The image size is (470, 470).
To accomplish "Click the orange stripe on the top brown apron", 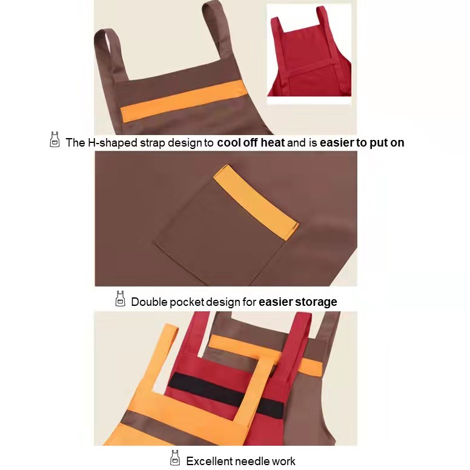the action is pos(184,101).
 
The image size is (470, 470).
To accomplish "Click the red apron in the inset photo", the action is pos(309,57).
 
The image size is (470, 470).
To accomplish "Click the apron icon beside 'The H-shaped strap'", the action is pos(55,140).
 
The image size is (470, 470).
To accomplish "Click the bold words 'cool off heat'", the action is pos(251,142).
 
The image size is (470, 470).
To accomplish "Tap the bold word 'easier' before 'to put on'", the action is pos(337,142).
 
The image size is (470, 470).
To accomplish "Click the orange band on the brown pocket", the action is pos(256,202).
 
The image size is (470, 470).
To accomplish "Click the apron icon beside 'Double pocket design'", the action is pos(120,299).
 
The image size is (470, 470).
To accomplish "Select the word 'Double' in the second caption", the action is pos(149,302).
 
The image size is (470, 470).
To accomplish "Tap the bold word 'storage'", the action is pos(316,302).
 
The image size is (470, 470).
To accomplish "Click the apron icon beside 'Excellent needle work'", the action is pos(175,458).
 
